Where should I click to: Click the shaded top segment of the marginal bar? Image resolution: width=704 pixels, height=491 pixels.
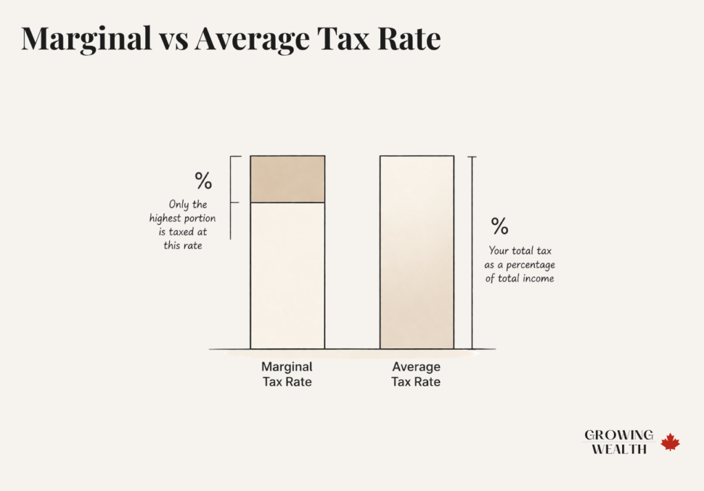287,179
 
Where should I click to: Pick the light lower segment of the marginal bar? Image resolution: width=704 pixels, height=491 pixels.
287,275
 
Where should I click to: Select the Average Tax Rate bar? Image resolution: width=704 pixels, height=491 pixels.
417,252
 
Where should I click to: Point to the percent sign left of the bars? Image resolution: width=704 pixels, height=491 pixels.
203,181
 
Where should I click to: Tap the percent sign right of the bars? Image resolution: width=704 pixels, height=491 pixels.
499,226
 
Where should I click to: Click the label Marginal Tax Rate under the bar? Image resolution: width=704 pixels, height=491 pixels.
287,374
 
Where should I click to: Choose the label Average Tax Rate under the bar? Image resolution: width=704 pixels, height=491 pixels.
416,374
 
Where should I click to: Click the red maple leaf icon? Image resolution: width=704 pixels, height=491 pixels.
670,442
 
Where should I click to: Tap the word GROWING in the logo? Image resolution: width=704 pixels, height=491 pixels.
619,435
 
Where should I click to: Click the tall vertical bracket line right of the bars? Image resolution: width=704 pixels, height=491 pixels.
472,252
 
